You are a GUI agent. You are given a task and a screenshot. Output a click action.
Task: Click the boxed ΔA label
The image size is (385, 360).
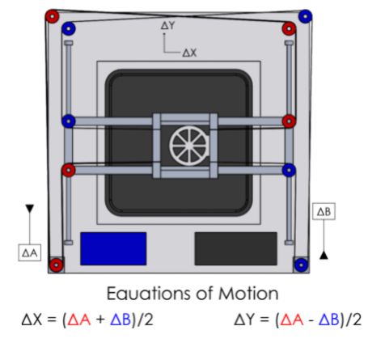30,252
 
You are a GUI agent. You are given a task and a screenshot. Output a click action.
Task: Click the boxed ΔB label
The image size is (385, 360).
324,211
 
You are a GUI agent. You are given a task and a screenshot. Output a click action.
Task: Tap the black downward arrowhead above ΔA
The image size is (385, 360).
30,209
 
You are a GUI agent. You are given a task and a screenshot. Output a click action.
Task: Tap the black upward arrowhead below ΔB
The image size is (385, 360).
324,255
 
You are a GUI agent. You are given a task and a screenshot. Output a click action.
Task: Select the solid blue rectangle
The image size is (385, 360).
113,248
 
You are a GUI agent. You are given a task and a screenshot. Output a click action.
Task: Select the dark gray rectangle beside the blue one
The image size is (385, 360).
236,248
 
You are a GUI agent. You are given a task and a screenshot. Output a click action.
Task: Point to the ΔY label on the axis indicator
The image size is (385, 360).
168,26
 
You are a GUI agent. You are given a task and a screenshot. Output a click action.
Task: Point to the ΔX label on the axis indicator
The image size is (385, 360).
190,53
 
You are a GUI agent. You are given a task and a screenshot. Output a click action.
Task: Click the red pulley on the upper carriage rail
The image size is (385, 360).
289,121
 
